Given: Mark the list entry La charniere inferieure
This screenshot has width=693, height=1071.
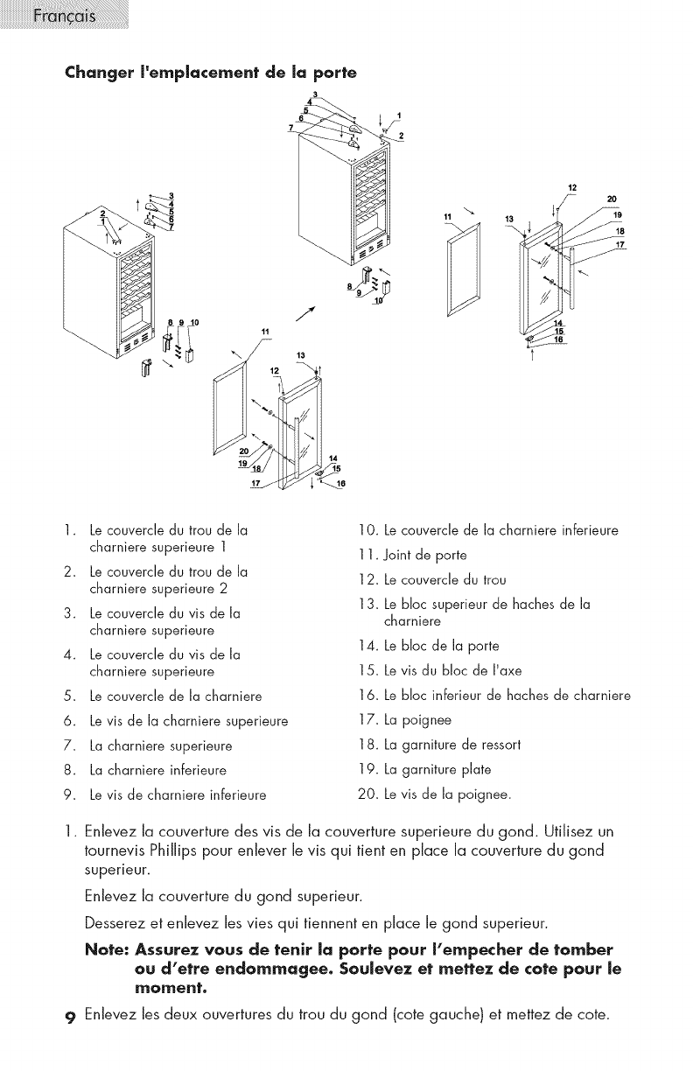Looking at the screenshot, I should [x=158, y=770].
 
